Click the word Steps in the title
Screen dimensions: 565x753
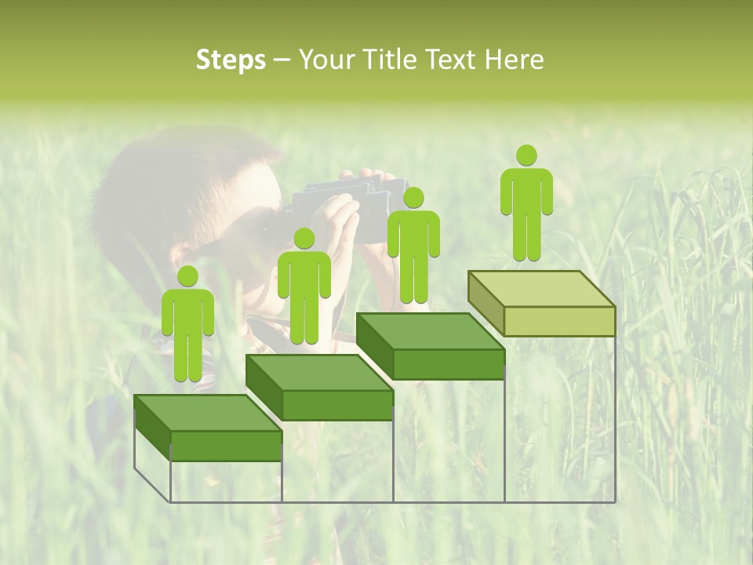(231, 60)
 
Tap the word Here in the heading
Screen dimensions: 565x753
(513, 60)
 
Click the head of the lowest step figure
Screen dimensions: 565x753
(187, 276)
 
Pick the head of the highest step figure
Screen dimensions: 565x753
(526, 155)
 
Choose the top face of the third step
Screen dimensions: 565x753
(431, 331)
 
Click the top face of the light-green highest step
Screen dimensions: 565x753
(542, 289)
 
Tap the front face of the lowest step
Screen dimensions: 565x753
(226, 446)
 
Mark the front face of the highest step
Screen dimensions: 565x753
(559, 321)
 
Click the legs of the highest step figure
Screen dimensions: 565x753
(526, 239)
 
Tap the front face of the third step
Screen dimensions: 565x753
(448, 364)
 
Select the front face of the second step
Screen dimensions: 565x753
(337, 405)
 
